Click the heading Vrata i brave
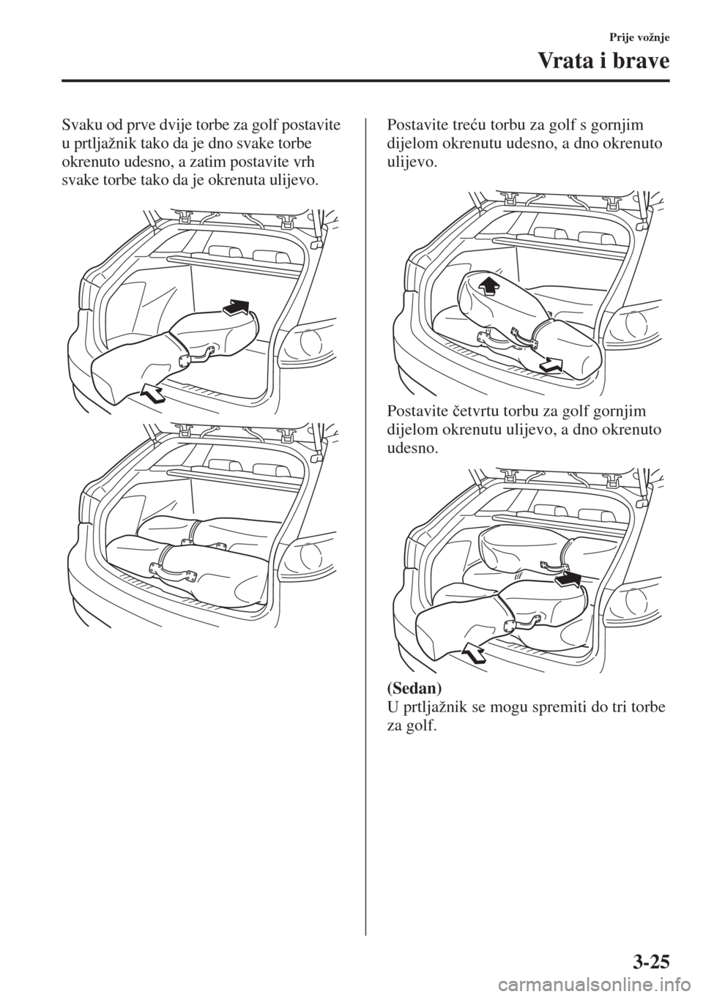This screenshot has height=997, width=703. tap(603, 62)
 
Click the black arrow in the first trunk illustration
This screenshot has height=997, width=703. tap(236, 307)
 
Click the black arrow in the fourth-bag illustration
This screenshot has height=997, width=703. tap(568, 580)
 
